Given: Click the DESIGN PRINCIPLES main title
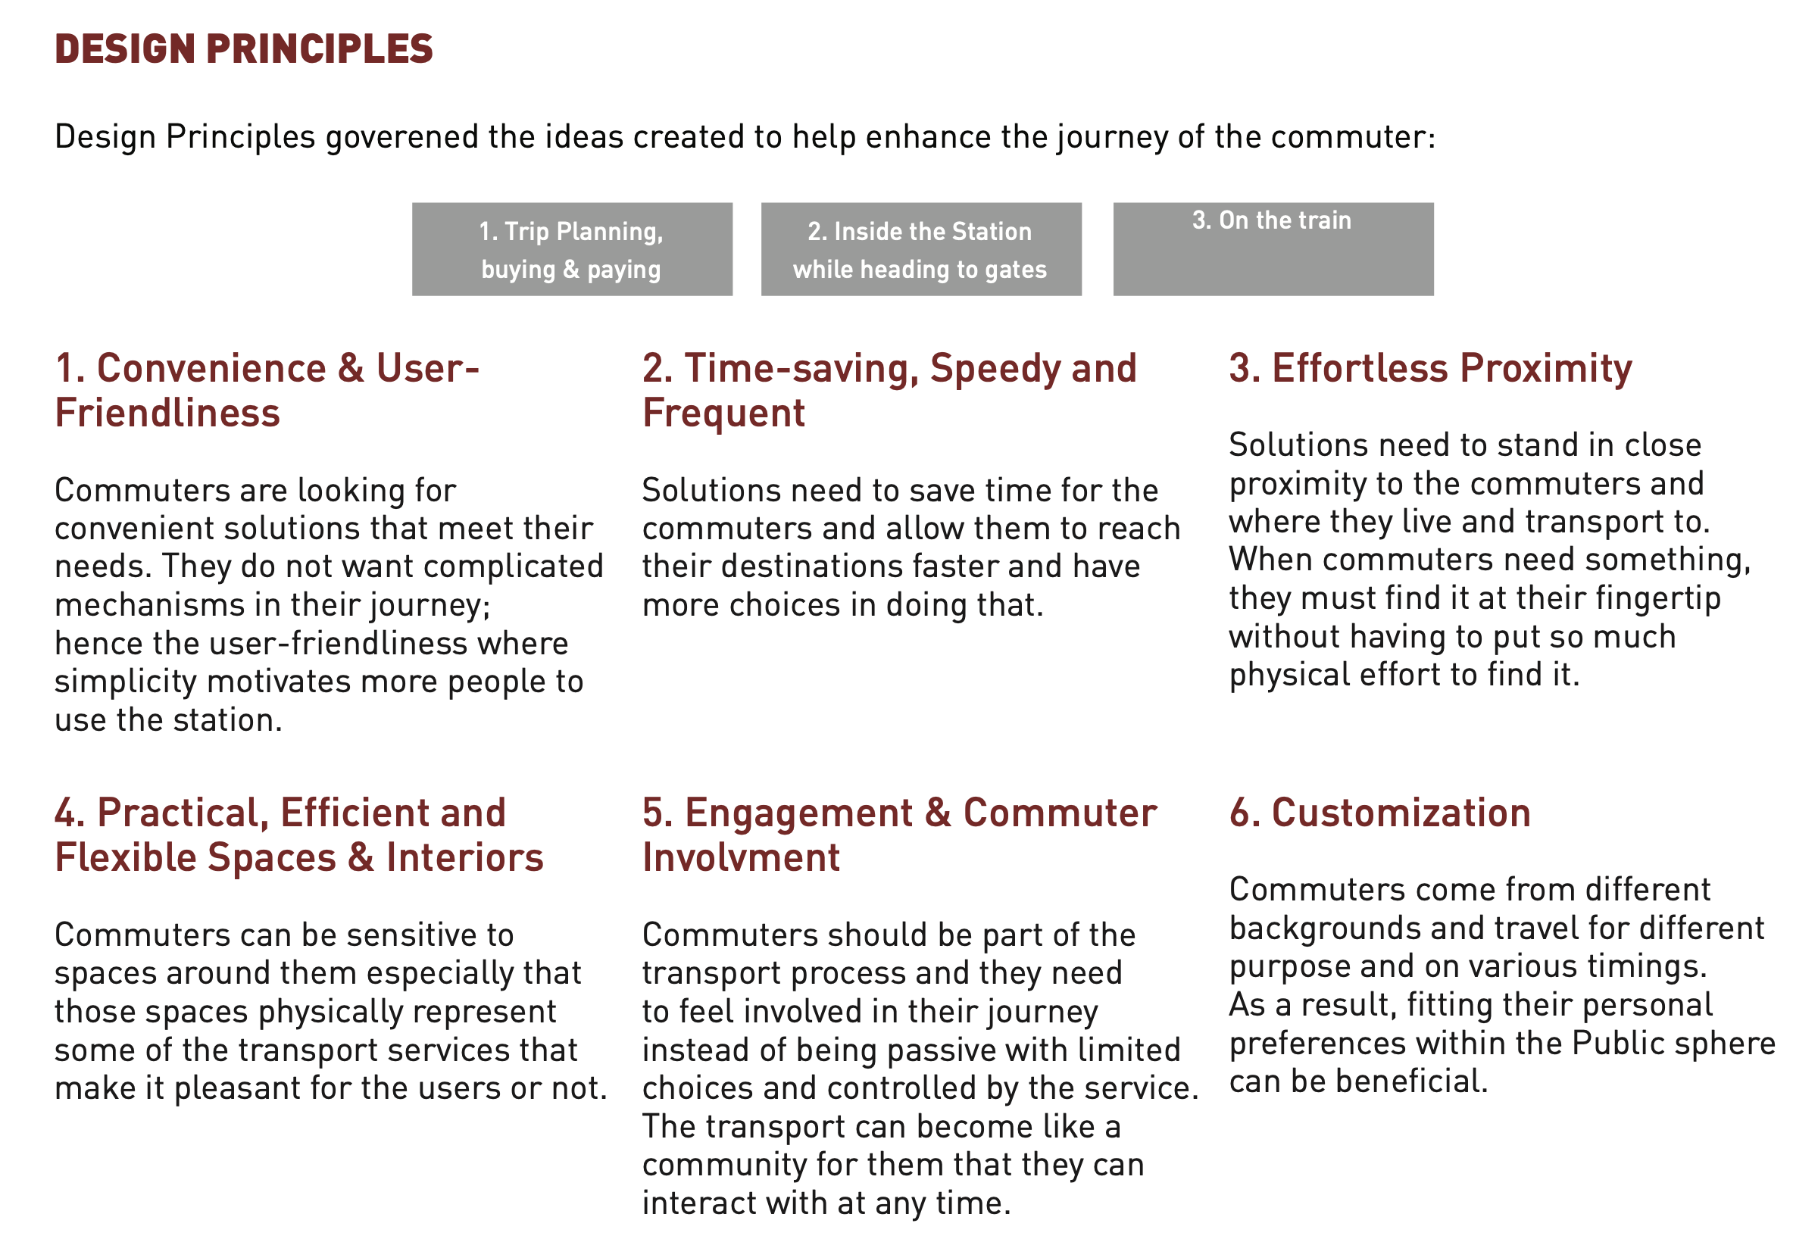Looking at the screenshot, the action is coord(243,48).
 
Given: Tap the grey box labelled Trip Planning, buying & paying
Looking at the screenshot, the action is coord(572,248).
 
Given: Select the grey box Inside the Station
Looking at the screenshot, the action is coord(920,248).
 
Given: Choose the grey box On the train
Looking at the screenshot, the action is coord(1273,248).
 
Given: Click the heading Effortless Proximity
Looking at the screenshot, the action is coord(1430,367).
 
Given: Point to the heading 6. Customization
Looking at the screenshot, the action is coord(1379,813).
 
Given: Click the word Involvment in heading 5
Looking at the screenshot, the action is coord(741,857).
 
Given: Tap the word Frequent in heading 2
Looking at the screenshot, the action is coord(723,414).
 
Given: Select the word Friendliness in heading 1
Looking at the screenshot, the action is coord(167,413).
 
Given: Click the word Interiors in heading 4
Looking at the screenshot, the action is coord(464,857).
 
